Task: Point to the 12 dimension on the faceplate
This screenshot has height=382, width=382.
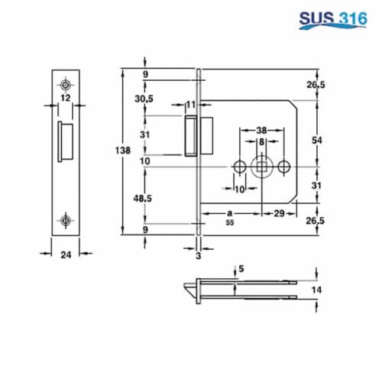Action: (65, 98)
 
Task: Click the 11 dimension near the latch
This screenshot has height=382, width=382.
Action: (190, 104)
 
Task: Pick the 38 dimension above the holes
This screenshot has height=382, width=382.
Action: (261, 130)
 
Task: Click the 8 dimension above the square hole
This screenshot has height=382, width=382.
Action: (261, 142)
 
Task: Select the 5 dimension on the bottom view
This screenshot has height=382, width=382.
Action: (243, 269)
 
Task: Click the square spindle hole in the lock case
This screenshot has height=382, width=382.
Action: (262, 167)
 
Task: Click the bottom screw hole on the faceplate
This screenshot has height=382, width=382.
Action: (66, 221)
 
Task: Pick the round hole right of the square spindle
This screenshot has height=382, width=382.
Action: (284, 167)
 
